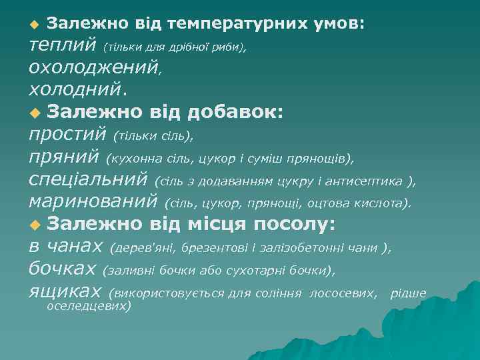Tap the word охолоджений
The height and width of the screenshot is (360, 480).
click(93, 67)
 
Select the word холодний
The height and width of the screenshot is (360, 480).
click(74, 89)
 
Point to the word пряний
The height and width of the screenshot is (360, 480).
click(64, 158)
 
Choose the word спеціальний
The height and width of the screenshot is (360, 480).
click(89, 180)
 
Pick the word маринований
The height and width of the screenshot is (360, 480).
click(93, 201)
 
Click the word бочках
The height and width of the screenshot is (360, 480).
click(63, 269)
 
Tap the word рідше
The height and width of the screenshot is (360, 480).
click(408, 293)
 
